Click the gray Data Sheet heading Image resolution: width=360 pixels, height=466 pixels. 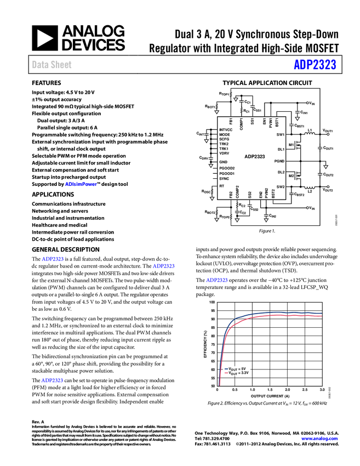click(x=52, y=65)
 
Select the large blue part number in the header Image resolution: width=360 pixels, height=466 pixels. click(x=315, y=65)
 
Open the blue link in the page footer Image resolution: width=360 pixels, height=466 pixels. click(x=319, y=439)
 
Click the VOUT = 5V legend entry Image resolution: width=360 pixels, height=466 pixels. click(x=237, y=369)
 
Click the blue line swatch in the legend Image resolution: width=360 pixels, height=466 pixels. click(x=226, y=369)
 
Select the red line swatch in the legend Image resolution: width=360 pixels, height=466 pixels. click(x=226, y=373)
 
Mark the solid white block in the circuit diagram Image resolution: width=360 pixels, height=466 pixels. click(x=323, y=163)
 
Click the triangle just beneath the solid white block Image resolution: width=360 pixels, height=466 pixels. click(x=325, y=167)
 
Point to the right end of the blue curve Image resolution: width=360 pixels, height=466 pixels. click(x=321, y=314)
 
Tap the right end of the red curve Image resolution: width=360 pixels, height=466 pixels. click(x=321, y=316)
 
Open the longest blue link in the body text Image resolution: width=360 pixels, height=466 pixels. click(x=81, y=184)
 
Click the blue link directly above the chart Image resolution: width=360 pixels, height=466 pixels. click(x=216, y=281)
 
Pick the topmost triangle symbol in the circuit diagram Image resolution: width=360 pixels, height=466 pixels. click(x=236, y=100)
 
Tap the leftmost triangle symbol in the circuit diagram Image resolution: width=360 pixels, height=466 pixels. click(x=207, y=141)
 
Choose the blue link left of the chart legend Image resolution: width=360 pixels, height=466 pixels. click(x=53, y=380)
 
